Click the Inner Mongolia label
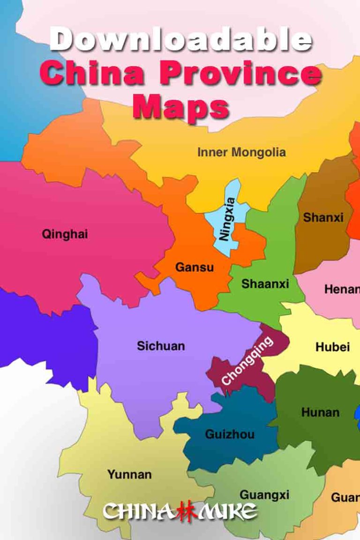point(241,152)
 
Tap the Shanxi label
point(323,217)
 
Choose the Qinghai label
point(65,234)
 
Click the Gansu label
point(195,268)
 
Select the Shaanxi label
point(265,284)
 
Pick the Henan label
point(342,289)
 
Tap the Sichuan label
point(161,346)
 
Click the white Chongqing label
point(247,361)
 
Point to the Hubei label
point(332,347)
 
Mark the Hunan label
point(320,412)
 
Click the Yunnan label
point(129,474)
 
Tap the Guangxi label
point(264,495)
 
